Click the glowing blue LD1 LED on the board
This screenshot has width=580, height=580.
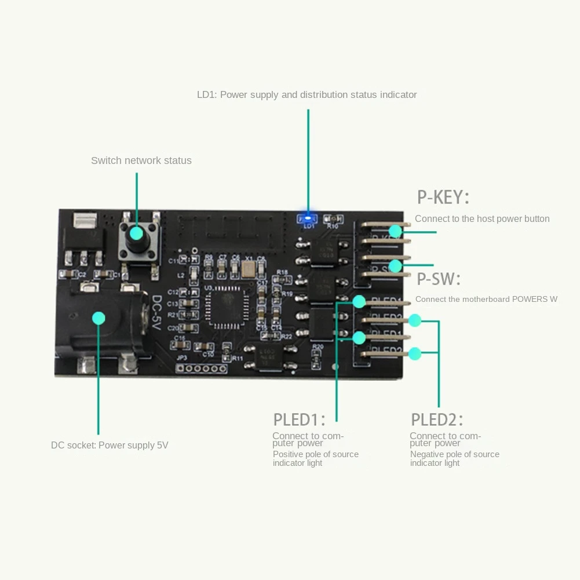point(308,219)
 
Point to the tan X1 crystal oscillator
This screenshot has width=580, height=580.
point(249,267)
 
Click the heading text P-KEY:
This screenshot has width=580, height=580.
point(443,198)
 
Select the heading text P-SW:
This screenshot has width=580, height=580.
point(439,279)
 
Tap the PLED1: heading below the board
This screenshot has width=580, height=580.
point(299,420)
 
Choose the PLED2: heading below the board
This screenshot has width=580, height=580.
point(437,420)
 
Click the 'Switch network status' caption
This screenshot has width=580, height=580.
point(141,160)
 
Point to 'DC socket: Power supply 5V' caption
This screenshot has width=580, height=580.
point(110,446)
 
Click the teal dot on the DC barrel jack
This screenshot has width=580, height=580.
point(99,318)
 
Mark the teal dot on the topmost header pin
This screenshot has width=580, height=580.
point(395,231)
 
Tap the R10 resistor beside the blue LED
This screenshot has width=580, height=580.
point(331,220)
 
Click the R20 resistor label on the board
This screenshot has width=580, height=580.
point(317,346)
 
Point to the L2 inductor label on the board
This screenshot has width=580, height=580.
point(180,275)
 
